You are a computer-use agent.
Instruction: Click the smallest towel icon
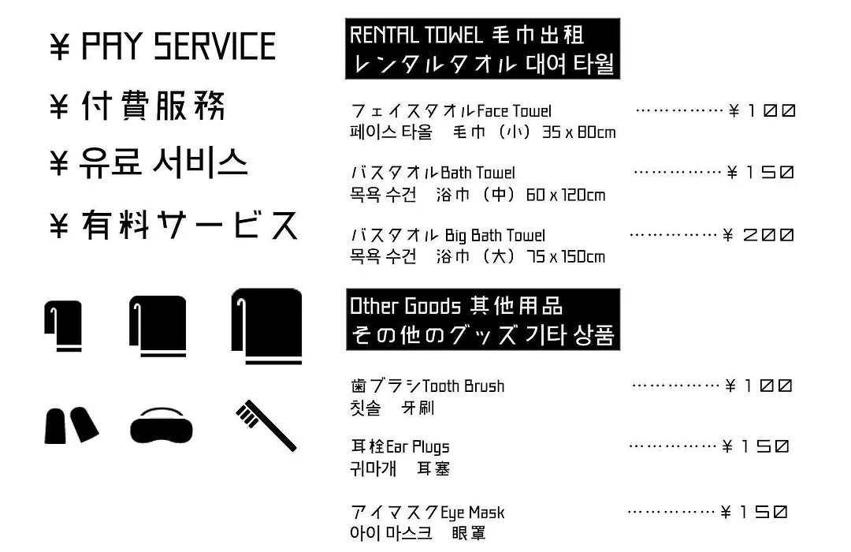pos(64,326)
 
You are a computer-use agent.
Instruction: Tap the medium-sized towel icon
pos(158,326)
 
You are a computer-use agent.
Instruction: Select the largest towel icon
pos(267,326)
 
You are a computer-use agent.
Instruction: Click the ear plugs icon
pos(71,425)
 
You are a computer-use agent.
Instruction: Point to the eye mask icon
pos(162,425)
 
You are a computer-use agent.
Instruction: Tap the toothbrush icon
pos(266,425)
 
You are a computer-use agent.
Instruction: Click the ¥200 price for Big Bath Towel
pos(758,235)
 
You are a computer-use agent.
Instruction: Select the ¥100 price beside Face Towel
pos(762,111)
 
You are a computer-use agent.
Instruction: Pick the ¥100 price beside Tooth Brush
pos(759,386)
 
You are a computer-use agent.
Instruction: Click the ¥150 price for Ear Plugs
pos(756,446)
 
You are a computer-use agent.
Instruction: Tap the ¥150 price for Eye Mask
pos(754,512)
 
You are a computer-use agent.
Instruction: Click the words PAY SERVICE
pos(179,47)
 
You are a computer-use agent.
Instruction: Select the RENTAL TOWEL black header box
pos(482,49)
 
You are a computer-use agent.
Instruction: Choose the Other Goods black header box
pos(483,319)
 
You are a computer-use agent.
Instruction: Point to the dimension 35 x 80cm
pos(579,132)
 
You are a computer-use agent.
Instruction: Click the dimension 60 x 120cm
pos(566,195)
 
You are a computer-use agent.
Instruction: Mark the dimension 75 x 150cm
pos(566,256)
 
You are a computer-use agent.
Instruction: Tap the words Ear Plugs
pos(418,447)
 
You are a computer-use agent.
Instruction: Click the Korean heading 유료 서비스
pos(164,162)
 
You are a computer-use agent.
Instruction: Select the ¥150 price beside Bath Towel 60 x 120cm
pos(761,173)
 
